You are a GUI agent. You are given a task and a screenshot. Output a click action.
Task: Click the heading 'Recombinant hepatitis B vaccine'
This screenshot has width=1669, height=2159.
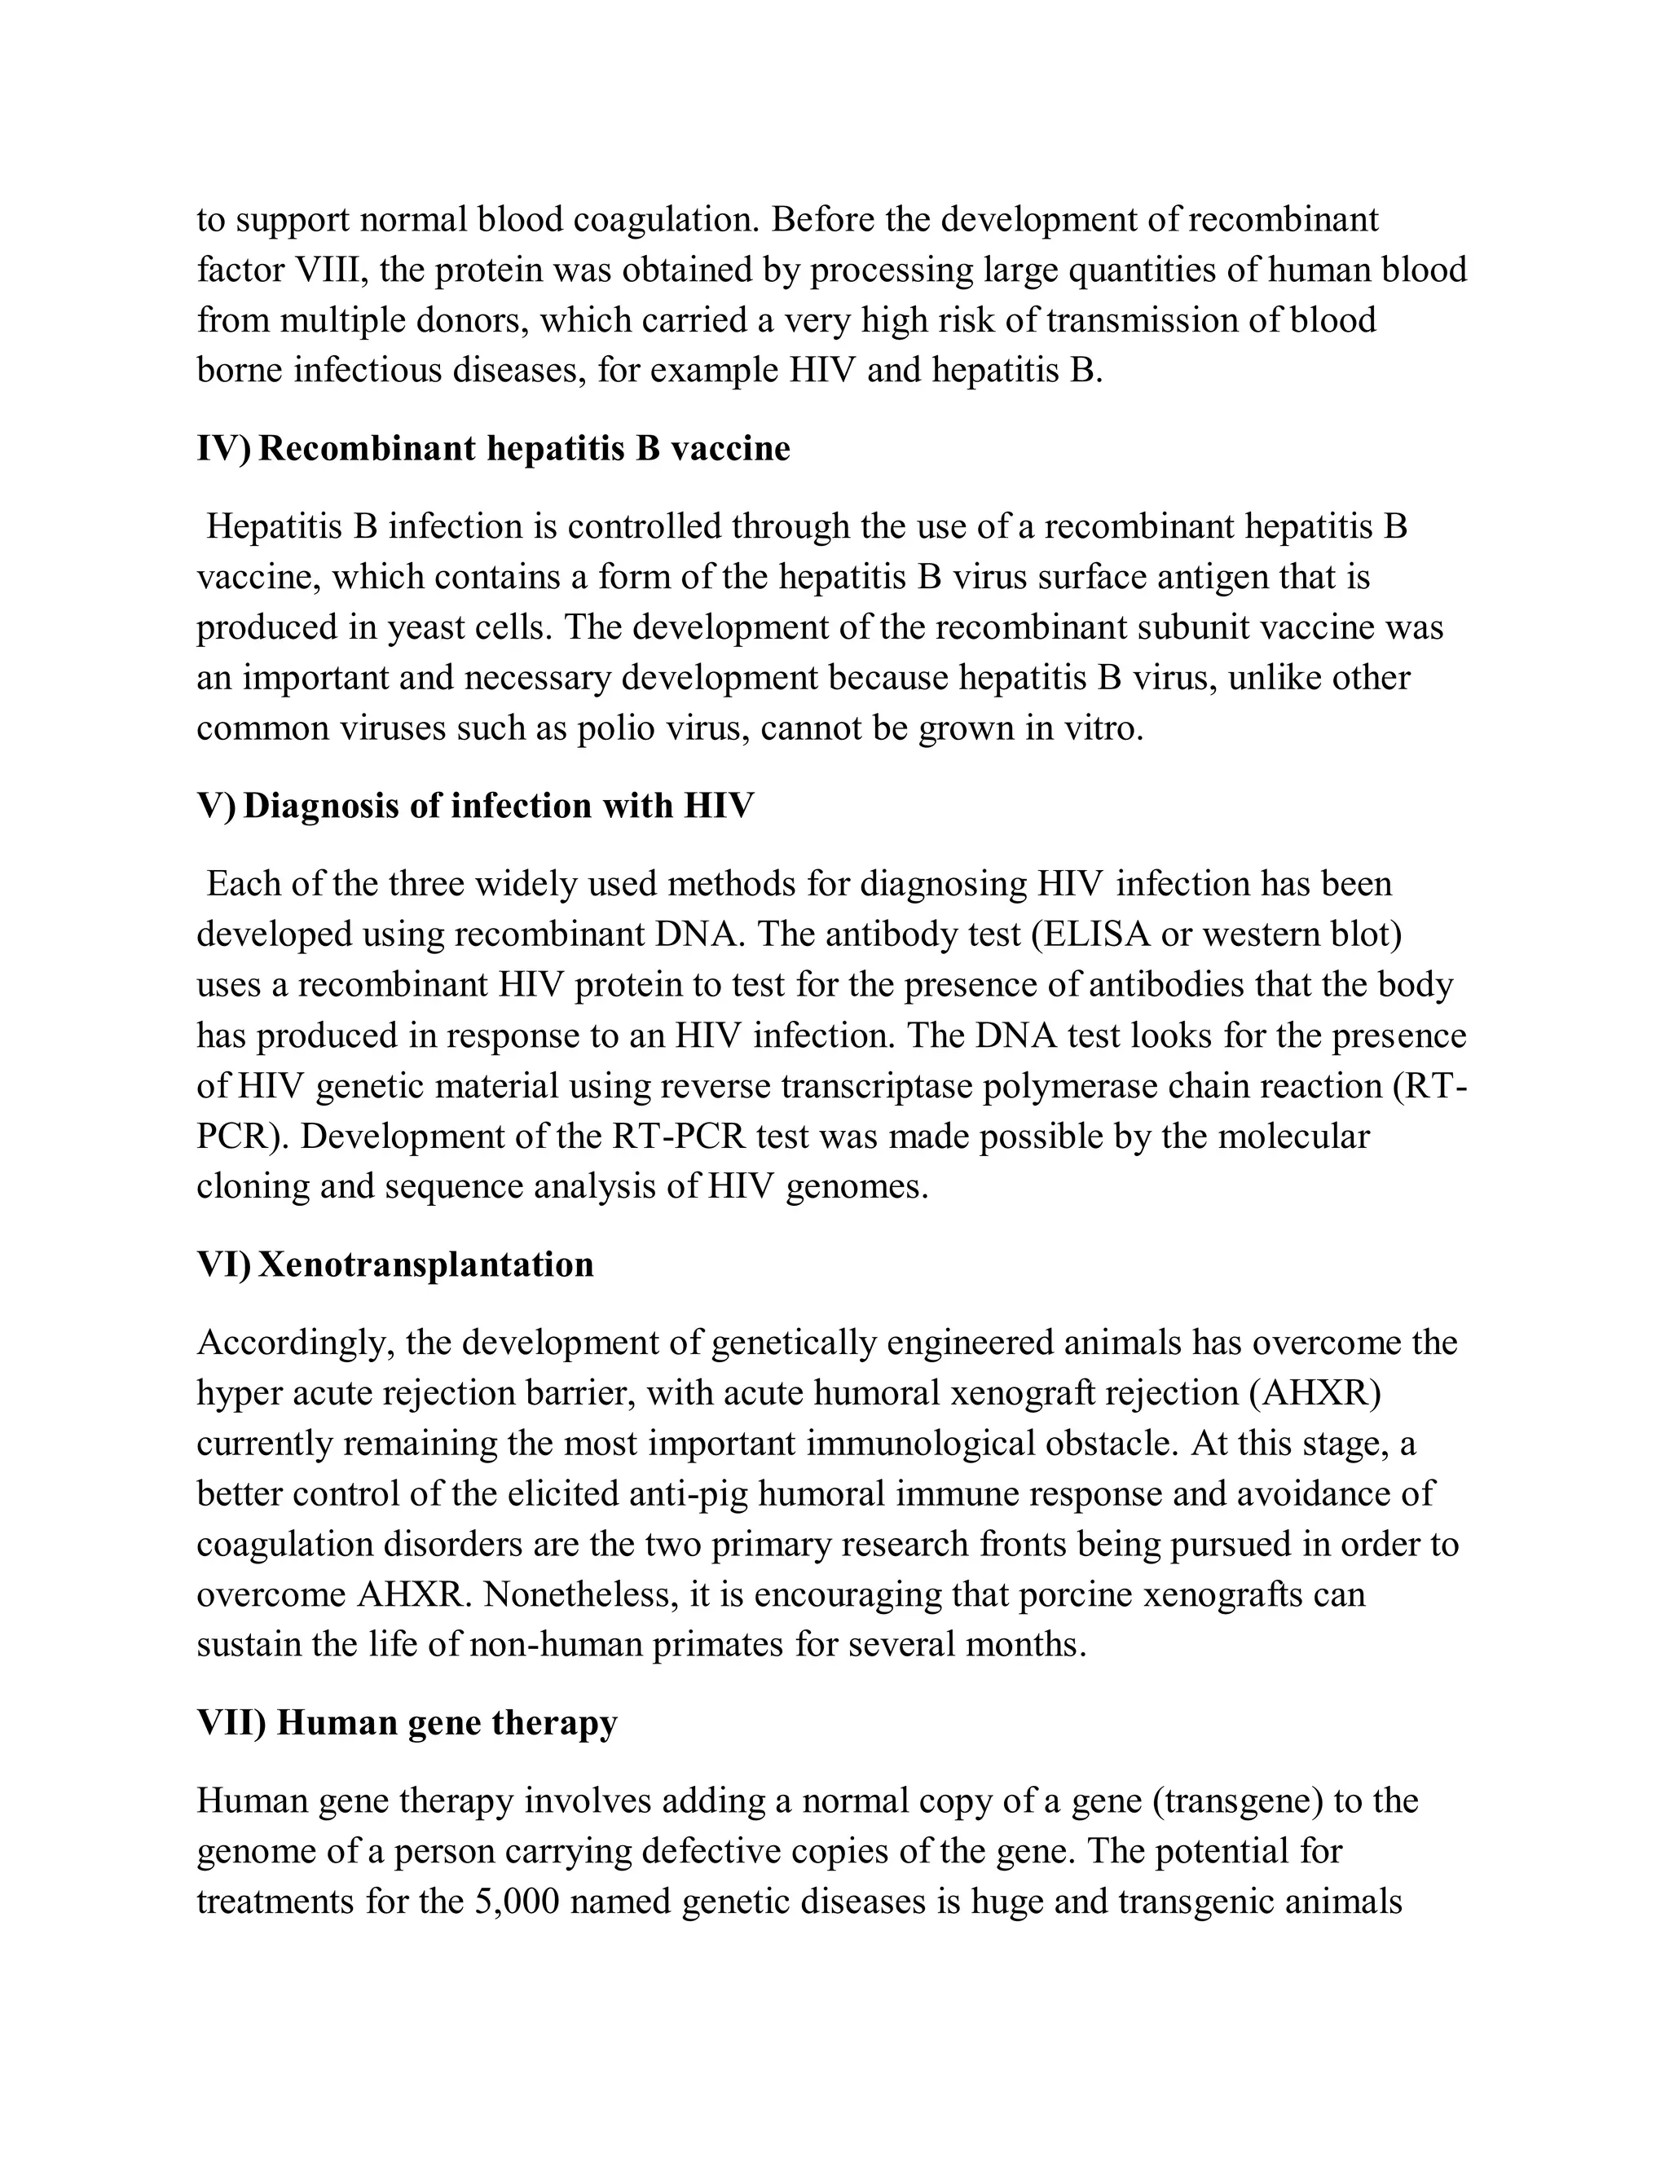524,449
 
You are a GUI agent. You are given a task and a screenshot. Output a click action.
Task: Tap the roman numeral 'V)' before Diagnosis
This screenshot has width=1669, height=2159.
215,806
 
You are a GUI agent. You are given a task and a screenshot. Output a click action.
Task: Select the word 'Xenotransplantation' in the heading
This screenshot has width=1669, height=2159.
425,1264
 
